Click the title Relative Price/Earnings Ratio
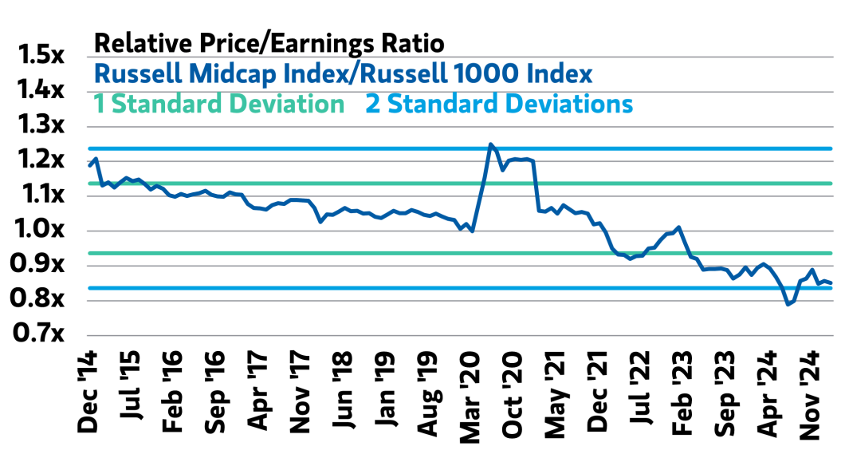click(269, 42)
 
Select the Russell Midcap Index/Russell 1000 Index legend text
click(343, 73)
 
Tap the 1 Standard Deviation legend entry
click(219, 104)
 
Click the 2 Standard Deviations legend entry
click(499, 104)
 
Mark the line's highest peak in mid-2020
click(490, 144)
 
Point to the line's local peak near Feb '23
click(678, 227)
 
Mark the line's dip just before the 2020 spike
click(473, 231)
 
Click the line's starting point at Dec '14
click(89, 164)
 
